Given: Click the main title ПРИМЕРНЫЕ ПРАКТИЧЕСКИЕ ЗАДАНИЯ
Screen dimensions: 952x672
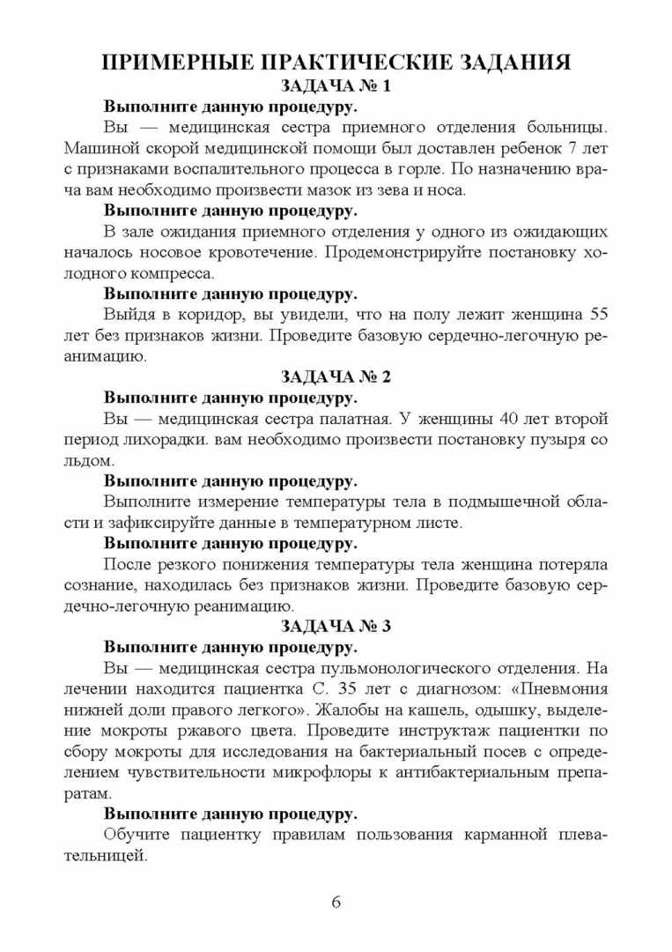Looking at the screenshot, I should point(336,63).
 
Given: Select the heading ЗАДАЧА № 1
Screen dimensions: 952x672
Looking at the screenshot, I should point(335,86).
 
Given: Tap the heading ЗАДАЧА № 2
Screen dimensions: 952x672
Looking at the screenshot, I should point(335,376).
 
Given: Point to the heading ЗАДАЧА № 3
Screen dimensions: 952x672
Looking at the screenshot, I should point(335,627).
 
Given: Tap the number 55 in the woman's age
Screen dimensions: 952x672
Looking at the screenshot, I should point(596,314).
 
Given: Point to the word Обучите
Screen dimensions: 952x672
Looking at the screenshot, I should point(137,835).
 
